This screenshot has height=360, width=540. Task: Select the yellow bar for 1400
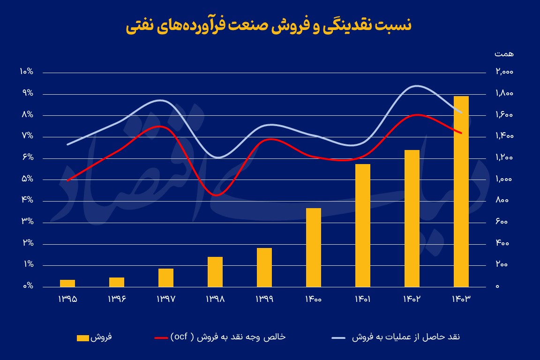[314, 247]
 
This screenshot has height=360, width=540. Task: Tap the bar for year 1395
[67, 283]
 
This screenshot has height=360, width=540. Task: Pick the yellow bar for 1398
[215, 272]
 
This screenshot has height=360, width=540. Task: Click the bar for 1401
[363, 225]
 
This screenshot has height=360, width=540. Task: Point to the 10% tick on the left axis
[26, 72]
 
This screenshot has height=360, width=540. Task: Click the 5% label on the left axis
[27, 179]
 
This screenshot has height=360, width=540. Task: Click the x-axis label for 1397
[166, 299]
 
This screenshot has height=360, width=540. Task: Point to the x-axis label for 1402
[412, 299]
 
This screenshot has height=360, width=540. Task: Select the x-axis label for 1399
[264, 299]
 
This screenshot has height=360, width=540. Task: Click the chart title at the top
[269, 25]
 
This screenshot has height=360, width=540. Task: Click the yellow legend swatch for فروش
[82, 337]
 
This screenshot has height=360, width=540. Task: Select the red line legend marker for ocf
[161, 337]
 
